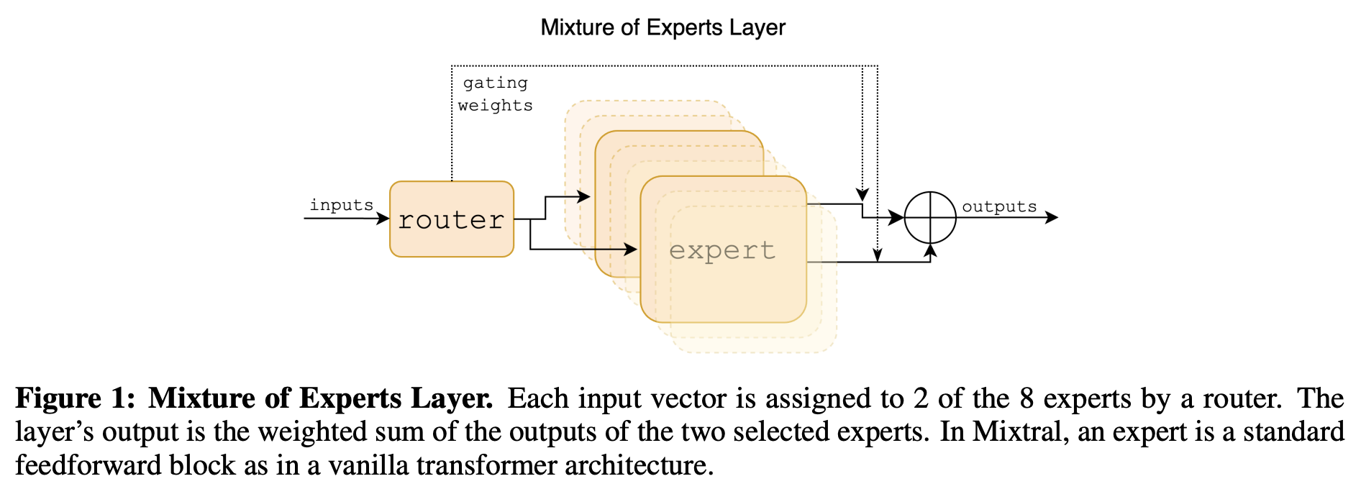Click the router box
coord(451,219)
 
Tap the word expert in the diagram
coord(722,251)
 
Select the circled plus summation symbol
coord(929,217)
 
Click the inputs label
coord(341,205)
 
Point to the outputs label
coord(999,206)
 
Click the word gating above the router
coord(495,83)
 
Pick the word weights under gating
coord(495,106)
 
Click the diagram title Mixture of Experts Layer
coord(663,27)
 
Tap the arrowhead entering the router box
coord(383,218)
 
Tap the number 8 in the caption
coord(1027,398)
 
